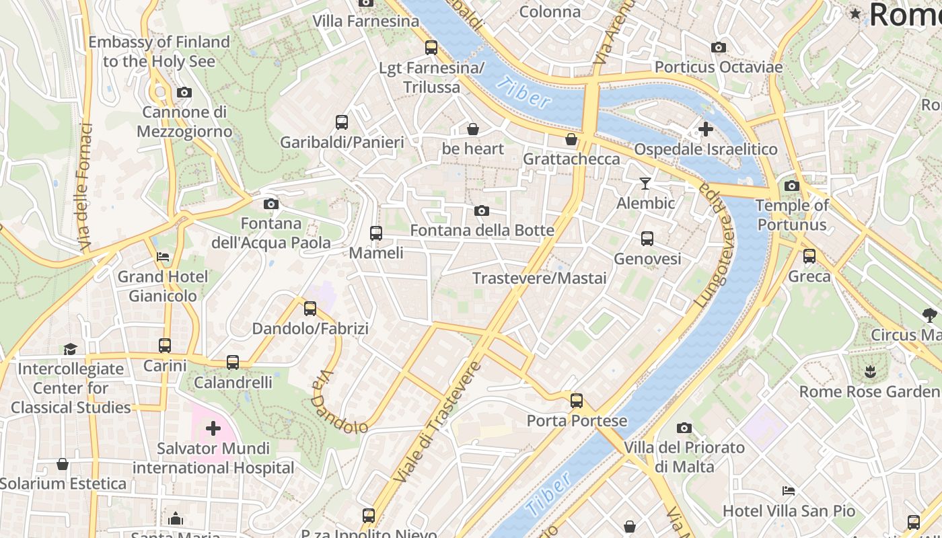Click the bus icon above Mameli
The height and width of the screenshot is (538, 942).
tap(376, 233)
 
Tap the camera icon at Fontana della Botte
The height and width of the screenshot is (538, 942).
tap(481, 211)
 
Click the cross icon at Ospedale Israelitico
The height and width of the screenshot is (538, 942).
tap(705, 128)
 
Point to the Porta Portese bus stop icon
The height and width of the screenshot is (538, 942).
tap(577, 401)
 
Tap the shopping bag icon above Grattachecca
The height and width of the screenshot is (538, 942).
tap(571, 139)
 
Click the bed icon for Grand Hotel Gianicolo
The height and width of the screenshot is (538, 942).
tap(163, 256)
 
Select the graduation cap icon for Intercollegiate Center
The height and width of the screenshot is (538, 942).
tap(70, 348)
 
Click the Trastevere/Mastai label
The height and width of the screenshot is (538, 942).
tap(539, 278)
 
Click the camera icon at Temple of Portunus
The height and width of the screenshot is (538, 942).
tap(792, 186)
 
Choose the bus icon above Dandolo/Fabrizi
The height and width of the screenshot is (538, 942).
tap(310, 309)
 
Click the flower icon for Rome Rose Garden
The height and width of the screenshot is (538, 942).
tap(869, 371)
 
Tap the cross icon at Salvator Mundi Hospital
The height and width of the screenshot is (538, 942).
tap(213, 428)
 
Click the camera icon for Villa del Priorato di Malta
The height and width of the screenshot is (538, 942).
tap(684, 428)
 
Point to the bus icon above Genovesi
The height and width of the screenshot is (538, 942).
tap(647, 239)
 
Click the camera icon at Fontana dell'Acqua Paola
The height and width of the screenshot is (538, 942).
tap(271, 204)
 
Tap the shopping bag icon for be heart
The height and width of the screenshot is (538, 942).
tap(473, 129)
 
